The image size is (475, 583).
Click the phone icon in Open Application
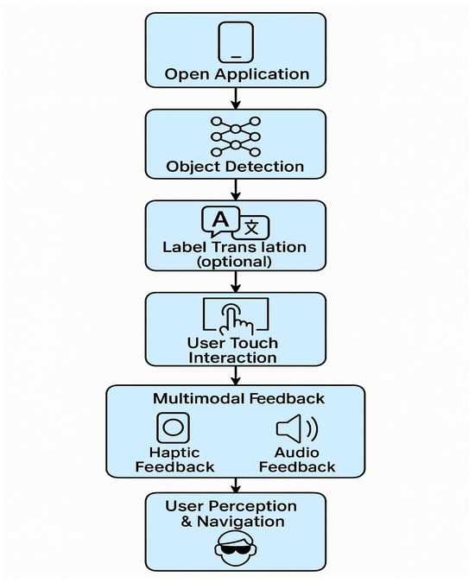pos(236,41)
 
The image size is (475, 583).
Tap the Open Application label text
pos(236,74)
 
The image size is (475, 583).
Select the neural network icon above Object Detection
pos(236,135)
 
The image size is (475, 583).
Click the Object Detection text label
pos(236,166)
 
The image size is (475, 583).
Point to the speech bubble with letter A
pos(220,221)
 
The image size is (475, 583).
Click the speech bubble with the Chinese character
pos(251,227)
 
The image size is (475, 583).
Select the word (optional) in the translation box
pos(236,261)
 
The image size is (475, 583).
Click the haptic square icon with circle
pos(173,428)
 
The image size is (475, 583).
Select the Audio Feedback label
pos(297,459)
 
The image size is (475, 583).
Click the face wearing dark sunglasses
pos(236,547)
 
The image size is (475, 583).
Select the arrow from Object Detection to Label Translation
pos(236,189)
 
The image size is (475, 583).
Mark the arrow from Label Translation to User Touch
pos(236,282)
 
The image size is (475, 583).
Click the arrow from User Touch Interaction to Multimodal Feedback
pos(236,375)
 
